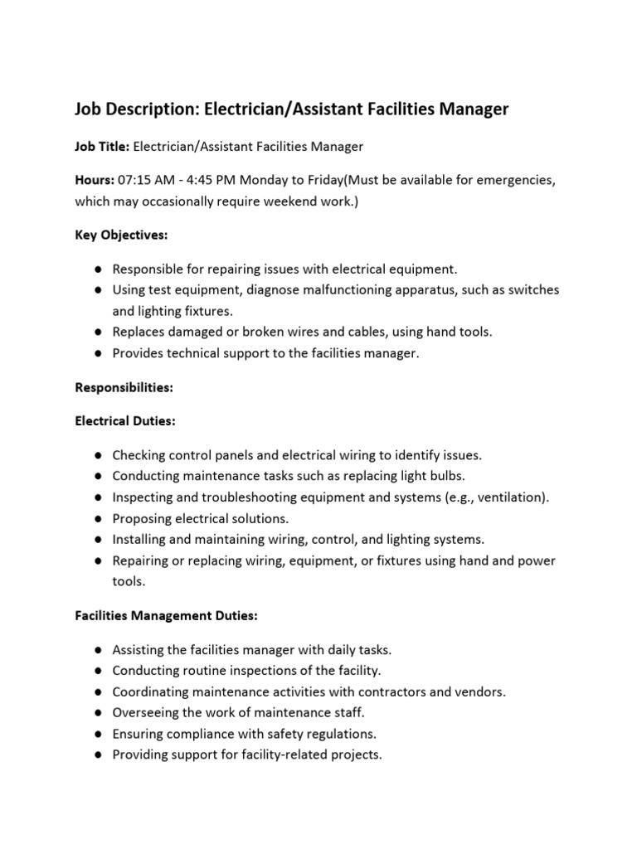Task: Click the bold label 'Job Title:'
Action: click(102, 147)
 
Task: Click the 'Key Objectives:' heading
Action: click(121, 235)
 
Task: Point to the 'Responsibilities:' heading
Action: click(124, 387)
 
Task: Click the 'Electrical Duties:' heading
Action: click(125, 421)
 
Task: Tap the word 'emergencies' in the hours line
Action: click(513, 180)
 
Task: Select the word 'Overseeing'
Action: click(146, 713)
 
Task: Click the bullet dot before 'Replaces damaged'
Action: click(98, 332)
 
